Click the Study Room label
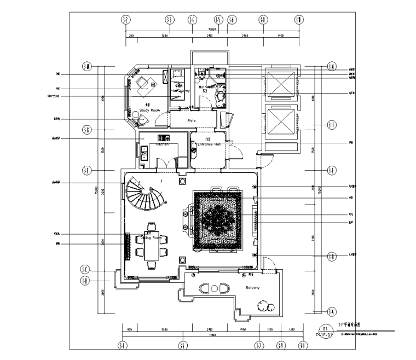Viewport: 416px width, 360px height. point(149,110)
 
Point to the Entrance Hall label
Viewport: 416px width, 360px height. point(209,145)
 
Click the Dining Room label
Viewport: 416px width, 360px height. point(151,238)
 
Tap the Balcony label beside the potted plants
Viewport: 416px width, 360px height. point(252,287)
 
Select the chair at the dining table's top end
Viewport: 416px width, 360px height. point(152,226)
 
